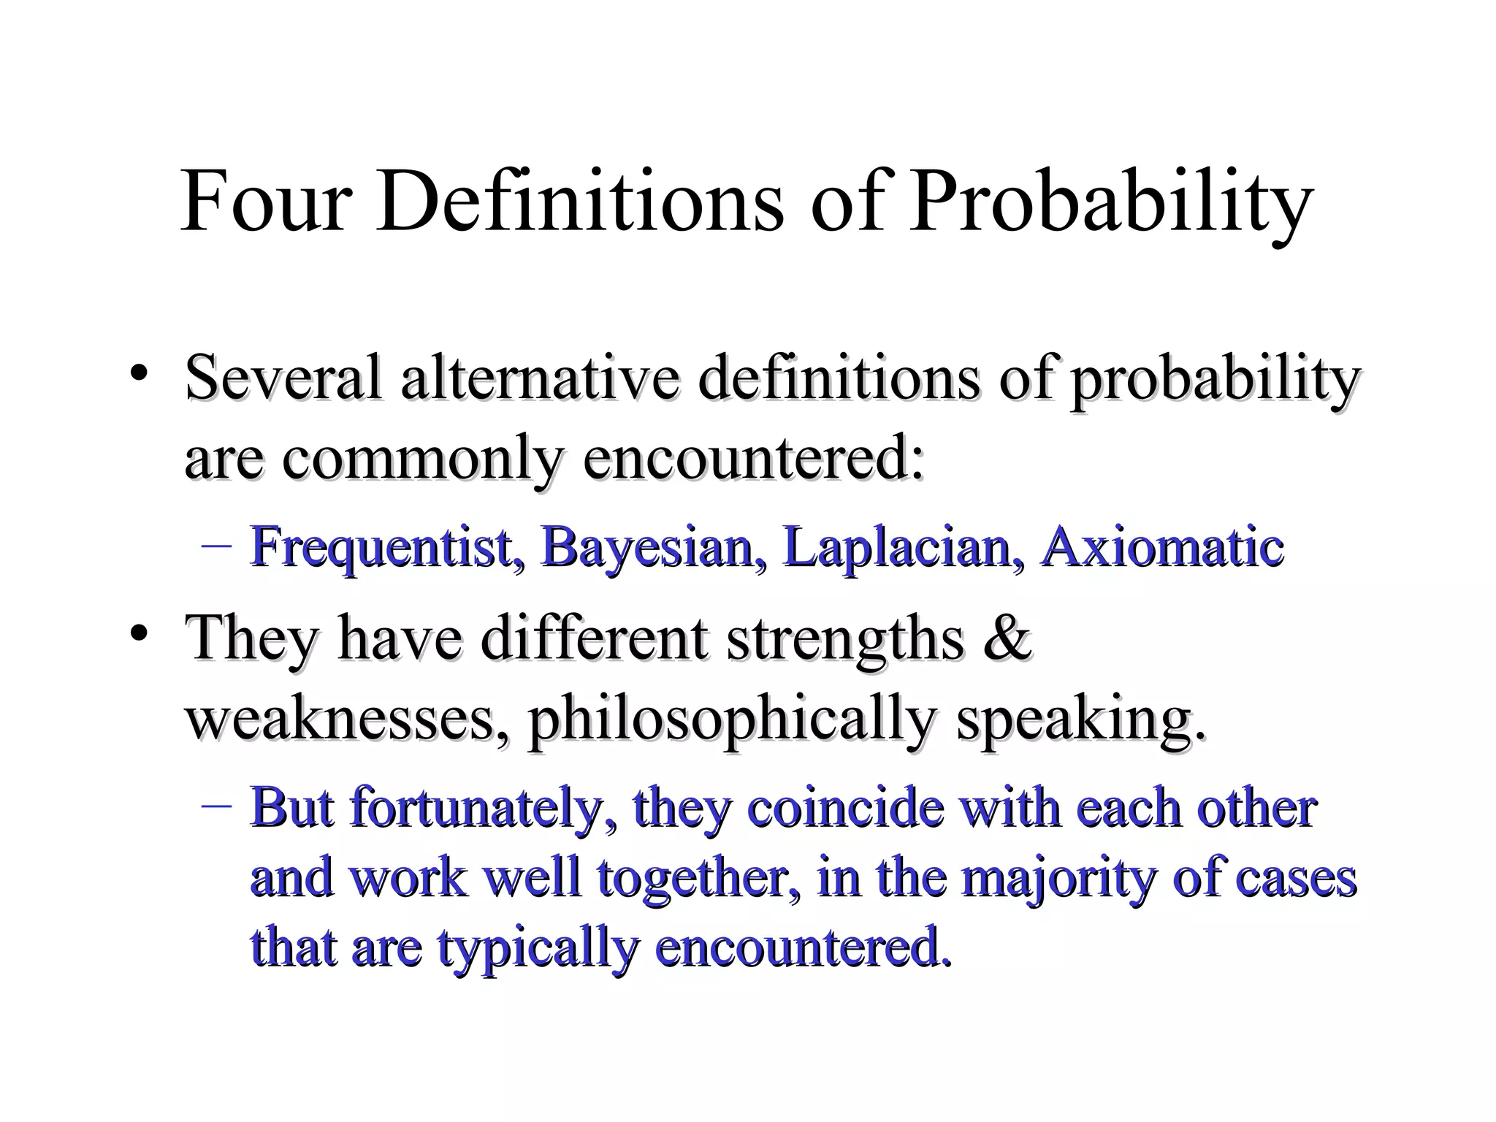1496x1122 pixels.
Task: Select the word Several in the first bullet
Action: click(284, 378)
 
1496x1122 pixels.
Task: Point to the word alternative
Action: click(541, 378)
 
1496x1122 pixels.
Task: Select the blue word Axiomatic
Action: click(1162, 546)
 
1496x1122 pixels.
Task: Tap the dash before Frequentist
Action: click(215, 546)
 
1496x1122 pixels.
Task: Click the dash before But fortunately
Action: click(215, 806)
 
